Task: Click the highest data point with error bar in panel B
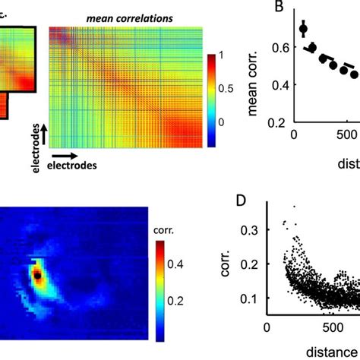(304, 30)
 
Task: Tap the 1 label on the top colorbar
(222, 55)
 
